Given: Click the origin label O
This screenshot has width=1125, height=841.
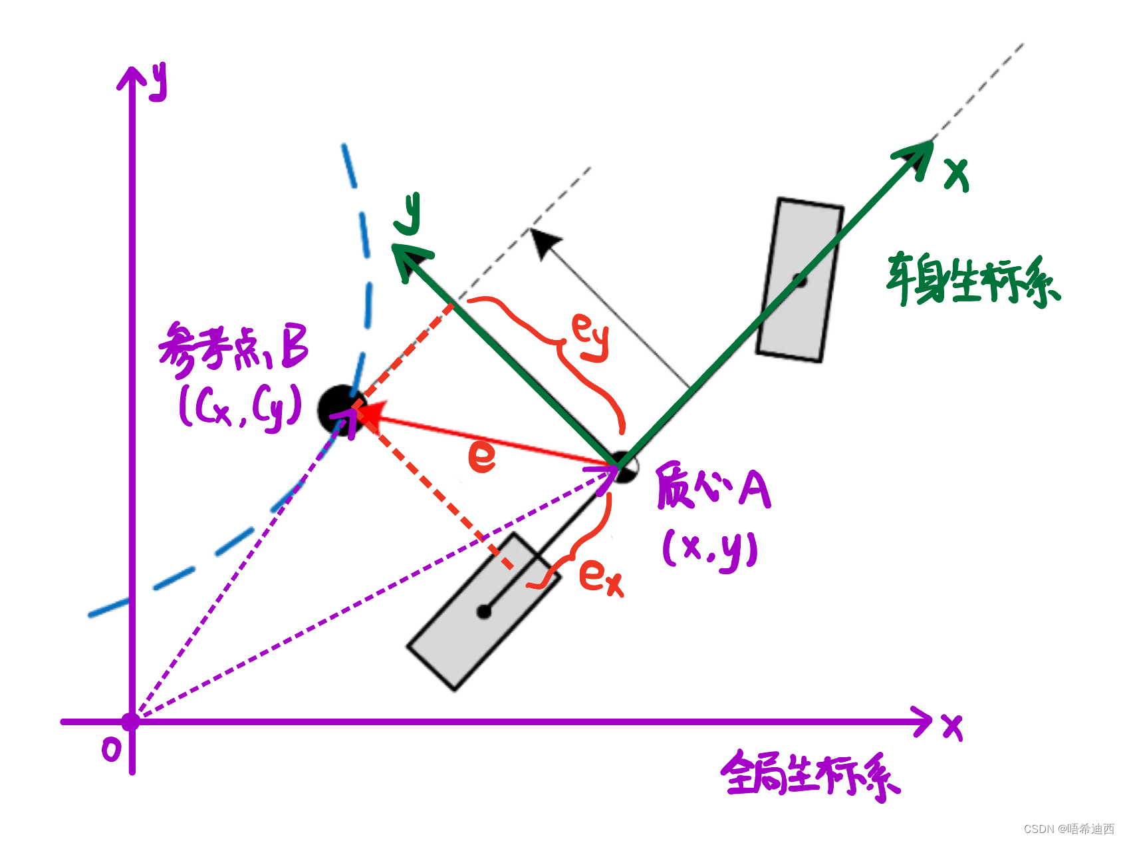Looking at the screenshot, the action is point(112,751).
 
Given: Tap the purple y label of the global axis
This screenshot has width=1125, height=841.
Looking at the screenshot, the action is point(158,81).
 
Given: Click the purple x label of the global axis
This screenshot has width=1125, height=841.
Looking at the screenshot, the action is point(952,727).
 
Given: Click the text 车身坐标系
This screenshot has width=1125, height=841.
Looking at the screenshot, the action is point(972,281).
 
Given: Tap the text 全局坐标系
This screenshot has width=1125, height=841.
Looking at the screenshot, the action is point(810,775).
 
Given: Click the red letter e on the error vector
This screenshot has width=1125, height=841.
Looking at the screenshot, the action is point(481,456).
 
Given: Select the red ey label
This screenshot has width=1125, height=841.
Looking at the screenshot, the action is point(590,337).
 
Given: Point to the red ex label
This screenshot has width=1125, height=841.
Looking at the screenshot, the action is point(600,576).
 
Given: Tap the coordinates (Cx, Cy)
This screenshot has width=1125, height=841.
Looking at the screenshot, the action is point(240,407).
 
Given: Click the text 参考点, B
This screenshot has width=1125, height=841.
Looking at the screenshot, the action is point(233,349).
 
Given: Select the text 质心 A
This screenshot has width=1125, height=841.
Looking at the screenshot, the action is point(713,488).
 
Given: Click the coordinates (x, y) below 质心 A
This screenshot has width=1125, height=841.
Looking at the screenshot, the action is point(710,550).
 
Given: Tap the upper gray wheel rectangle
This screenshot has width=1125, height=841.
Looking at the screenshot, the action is point(800,280).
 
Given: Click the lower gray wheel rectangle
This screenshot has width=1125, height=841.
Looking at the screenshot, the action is point(483,611).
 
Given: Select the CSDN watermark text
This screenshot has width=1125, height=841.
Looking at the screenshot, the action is point(1068,828).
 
